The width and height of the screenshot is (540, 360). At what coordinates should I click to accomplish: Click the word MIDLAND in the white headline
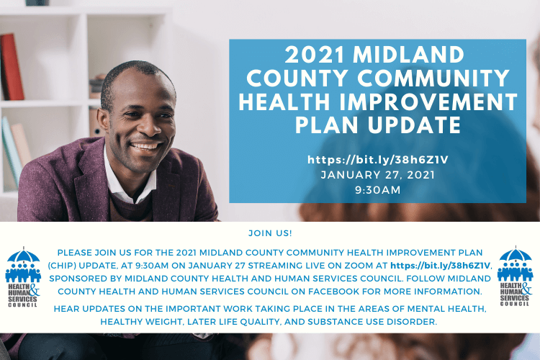click(408, 55)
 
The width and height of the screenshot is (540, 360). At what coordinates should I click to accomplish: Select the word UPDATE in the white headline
click(414, 125)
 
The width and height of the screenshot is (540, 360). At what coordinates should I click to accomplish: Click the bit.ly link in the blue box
click(378, 160)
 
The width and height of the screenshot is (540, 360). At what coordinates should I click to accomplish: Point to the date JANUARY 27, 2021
click(378, 175)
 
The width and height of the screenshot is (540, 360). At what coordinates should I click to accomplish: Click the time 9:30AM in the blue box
click(378, 190)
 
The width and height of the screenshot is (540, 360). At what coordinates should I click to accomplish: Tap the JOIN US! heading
click(270, 233)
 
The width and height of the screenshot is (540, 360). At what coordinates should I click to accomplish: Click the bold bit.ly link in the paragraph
click(440, 266)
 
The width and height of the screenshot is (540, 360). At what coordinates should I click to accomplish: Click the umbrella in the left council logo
click(23, 256)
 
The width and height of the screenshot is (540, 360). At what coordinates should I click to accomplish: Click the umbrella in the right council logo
click(516, 254)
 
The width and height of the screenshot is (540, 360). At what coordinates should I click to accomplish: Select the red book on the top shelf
click(12, 67)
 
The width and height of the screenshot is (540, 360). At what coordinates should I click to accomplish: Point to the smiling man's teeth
click(146, 146)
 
